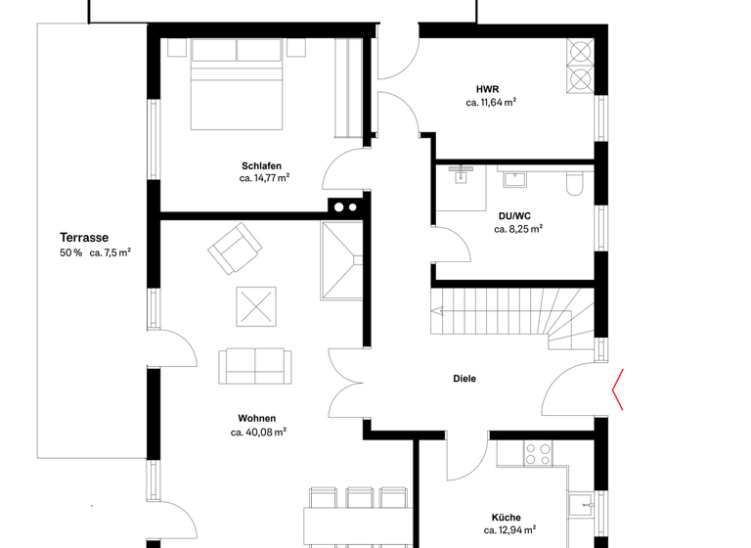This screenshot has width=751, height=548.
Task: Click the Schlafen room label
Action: [x=261, y=165]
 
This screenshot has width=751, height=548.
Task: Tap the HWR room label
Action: [x=488, y=88]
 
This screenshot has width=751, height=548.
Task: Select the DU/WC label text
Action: [x=514, y=215]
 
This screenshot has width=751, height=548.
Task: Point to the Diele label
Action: [x=464, y=379]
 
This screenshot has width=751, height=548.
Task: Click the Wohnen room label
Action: [x=256, y=418]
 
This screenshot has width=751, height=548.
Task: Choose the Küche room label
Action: [x=506, y=518]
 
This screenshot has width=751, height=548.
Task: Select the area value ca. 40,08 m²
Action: [x=258, y=432]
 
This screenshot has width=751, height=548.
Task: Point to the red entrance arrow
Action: [x=619, y=390]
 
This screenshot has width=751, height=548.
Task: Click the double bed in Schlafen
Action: [x=238, y=83]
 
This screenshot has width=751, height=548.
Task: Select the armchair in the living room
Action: [x=235, y=248]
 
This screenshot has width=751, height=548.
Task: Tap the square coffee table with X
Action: [x=256, y=306]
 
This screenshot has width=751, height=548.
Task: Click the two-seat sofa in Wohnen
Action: [x=254, y=365]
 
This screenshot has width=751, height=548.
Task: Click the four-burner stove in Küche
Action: [x=538, y=454]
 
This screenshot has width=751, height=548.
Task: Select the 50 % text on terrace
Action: [x=70, y=252]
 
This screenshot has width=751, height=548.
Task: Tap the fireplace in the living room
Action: [x=342, y=259]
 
